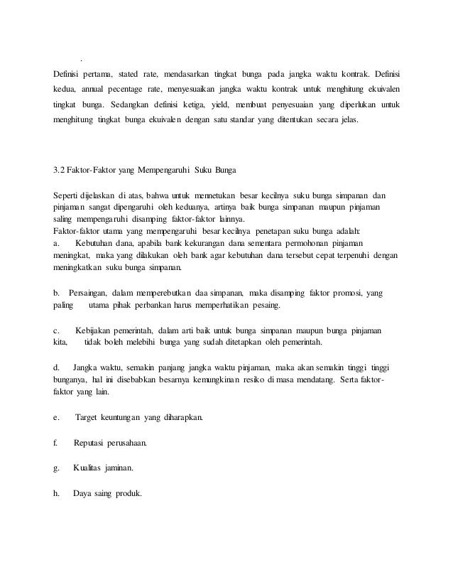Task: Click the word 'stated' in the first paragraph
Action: coord(128,75)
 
